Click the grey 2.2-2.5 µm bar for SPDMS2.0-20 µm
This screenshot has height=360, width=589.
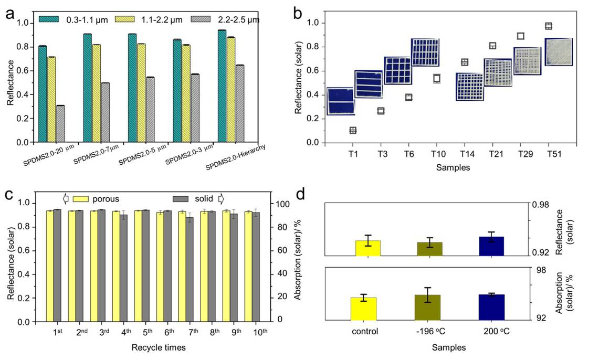pos(60,124)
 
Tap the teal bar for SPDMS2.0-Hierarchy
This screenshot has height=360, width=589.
pos(222,87)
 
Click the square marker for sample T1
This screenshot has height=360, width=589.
pos(353,130)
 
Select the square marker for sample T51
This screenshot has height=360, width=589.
pos(549,26)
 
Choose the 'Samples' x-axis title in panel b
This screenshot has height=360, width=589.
pos(452,167)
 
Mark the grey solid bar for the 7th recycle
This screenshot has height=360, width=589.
pos(190,268)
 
